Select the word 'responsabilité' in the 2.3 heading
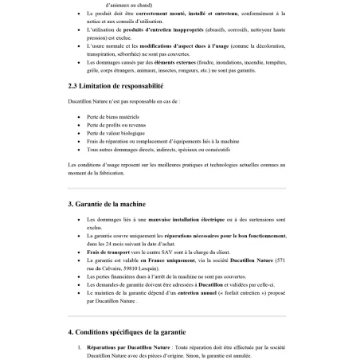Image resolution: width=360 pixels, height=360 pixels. [142, 85]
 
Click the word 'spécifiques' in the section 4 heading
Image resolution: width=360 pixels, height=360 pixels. [131, 331]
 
